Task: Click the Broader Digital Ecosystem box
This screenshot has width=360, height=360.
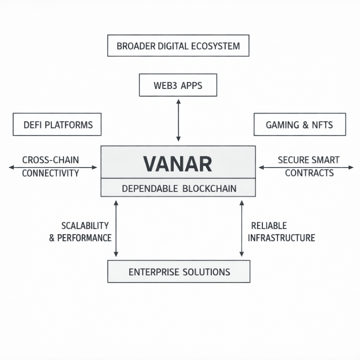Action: coord(178,46)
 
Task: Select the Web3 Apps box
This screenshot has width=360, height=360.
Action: coord(178,85)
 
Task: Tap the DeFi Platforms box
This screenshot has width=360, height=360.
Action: coord(57,124)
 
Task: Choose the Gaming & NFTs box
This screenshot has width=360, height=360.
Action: coord(300,124)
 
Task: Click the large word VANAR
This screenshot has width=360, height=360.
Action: coord(178,163)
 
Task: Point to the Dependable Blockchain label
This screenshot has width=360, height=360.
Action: coord(179,188)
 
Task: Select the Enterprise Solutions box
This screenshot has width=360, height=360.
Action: coord(179,272)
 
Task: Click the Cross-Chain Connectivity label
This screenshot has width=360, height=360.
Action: coord(51,166)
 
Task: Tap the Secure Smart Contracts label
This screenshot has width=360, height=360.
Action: coord(309,166)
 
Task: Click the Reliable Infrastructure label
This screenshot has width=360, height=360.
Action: coord(281,232)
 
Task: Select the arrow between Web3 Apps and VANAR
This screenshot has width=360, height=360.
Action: coord(178,120)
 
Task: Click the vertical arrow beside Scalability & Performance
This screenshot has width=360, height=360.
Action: coord(116,229)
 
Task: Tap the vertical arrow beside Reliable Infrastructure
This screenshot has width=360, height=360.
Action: coord(242,229)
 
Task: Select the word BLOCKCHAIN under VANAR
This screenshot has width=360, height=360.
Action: coord(210,188)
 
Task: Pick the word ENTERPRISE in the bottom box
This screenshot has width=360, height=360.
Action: coord(153,272)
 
